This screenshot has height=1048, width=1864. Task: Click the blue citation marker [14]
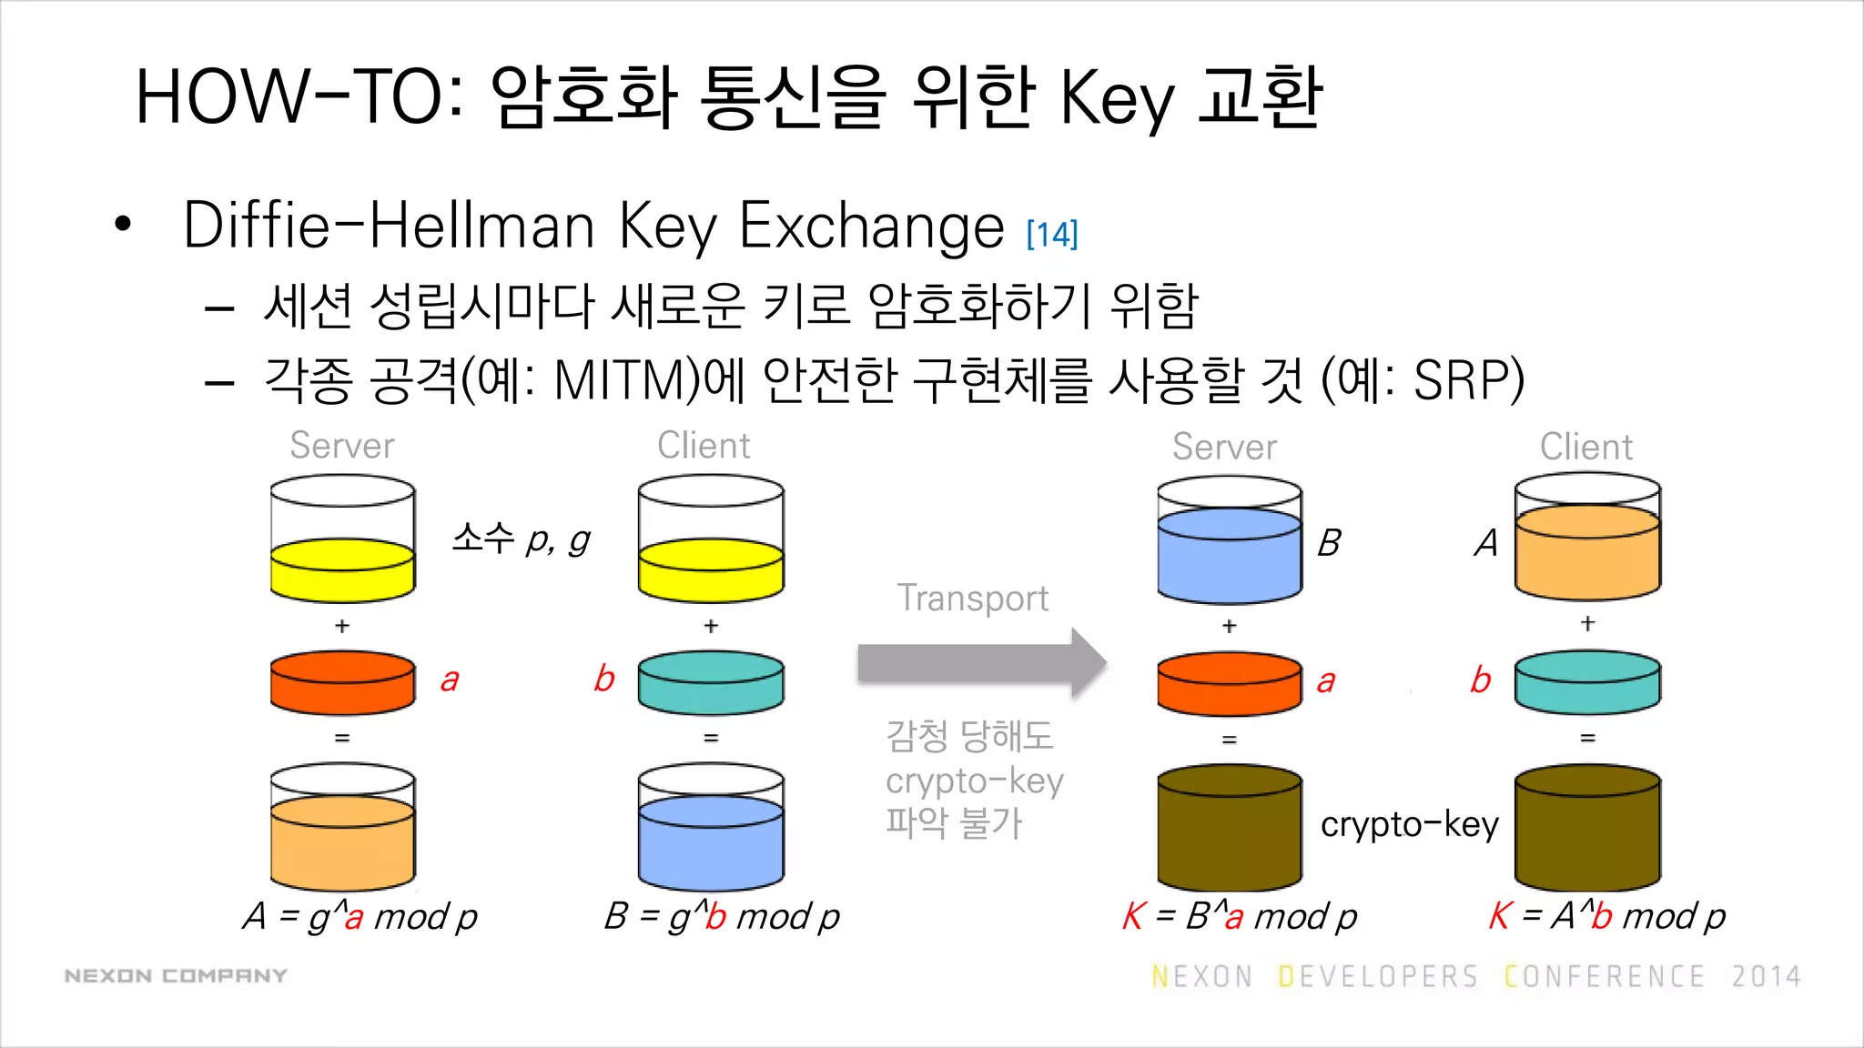click(x=1051, y=234)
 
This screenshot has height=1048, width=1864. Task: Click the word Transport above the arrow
click(x=972, y=598)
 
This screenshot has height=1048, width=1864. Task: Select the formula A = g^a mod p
click(x=360, y=916)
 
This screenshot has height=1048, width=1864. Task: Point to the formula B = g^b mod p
click(x=721, y=916)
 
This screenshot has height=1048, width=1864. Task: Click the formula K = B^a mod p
click(x=1239, y=916)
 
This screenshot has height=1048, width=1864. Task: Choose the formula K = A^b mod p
click(x=1606, y=916)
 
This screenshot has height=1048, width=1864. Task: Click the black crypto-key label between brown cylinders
click(x=1409, y=824)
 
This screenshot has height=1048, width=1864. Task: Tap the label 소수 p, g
click(x=521, y=539)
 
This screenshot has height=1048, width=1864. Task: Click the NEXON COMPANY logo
click(x=176, y=976)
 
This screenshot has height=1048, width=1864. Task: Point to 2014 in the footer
click(x=1766, y=977)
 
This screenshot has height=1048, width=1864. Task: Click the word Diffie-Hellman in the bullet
click(x=388, y=226)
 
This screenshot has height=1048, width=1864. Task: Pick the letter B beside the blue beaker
click(x=1329, y=543)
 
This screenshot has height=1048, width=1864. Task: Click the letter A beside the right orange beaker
click(x=1486, y=543)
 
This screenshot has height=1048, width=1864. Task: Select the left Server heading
click(x=341, y=446)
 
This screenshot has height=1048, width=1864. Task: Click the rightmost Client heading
click(x=1585, y=447)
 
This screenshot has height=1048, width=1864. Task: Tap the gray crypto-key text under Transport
click(x=974, y=781)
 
